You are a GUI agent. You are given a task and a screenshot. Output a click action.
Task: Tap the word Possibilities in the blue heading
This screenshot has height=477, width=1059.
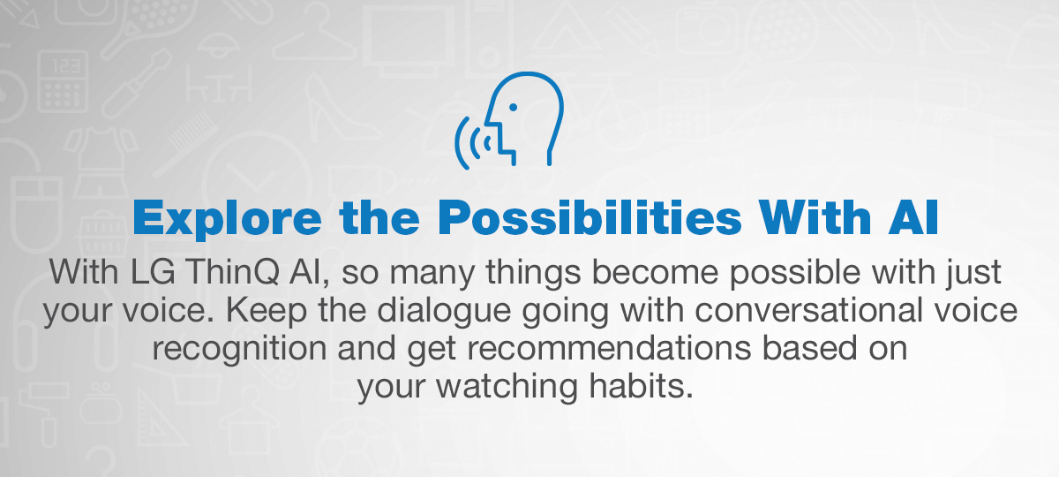590,217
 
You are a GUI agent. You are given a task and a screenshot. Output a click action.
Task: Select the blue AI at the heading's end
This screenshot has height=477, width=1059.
913,217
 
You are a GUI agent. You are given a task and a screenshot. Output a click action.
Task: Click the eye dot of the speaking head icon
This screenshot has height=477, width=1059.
513,108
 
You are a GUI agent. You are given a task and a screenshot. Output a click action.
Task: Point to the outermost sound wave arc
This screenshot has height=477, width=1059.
457,142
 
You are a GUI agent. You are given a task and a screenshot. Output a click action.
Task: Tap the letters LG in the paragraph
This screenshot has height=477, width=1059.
152,272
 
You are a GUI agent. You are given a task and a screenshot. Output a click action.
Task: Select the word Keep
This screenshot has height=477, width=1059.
267,310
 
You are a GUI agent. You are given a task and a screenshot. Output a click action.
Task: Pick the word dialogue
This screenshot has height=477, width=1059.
444,310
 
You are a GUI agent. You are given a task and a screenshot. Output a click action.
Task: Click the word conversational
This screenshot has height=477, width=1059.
808,310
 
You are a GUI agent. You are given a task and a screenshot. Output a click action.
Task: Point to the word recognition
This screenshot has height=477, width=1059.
240,349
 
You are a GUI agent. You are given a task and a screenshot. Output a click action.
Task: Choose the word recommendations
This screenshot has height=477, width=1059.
610,348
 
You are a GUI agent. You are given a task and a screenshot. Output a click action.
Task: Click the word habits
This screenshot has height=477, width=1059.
641,386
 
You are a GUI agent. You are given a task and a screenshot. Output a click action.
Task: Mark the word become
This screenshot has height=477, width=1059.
655,272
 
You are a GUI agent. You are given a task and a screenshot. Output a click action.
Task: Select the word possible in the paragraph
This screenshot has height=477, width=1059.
795,273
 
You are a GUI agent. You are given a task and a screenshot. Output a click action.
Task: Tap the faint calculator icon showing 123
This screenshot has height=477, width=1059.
63,81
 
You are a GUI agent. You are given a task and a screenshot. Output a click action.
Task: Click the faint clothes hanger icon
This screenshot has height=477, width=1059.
313,37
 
